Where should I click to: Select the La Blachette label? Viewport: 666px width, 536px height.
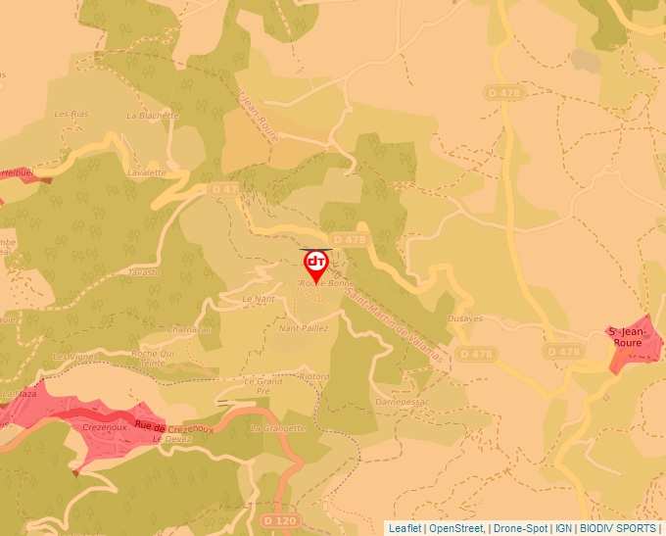click(153, 115)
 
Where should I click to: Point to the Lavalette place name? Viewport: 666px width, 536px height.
click(146, 171)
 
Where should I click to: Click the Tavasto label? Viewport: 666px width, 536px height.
click(144, 272)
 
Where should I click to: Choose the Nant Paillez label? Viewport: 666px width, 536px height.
click(304, 328)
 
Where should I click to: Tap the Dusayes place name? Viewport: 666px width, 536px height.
click(464, 318)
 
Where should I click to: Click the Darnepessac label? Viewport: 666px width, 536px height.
click(404, 402)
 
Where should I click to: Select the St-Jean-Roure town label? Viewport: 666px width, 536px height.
click(626, 338)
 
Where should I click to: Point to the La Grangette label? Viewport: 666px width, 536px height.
click(278, 428)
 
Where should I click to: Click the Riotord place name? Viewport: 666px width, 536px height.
click(314, 376)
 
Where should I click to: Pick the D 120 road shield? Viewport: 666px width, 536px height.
click(280, 520)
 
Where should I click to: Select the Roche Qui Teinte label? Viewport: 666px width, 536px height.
click(153, 358)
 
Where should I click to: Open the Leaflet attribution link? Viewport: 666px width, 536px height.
click(404, 528)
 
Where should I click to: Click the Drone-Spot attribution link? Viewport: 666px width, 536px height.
click(520, 528)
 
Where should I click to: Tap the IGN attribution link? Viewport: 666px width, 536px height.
click(563, 528)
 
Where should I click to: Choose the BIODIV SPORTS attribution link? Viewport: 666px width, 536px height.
click(618, 528)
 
